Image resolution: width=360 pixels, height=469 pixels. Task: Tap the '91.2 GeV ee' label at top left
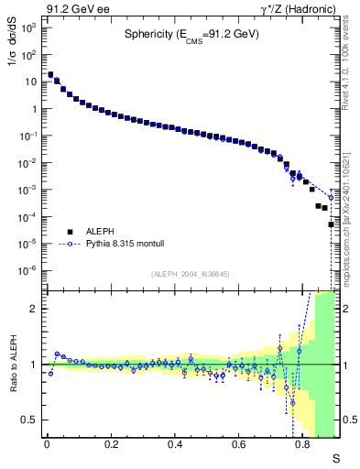pos(73,8)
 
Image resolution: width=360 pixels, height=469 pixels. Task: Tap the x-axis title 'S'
pos(335,457)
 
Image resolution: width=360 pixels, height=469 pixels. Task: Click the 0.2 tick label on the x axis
pos(111,443)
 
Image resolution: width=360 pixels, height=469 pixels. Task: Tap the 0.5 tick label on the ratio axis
pos(29,420)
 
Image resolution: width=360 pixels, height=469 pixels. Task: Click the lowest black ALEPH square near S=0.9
pos(332,224)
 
